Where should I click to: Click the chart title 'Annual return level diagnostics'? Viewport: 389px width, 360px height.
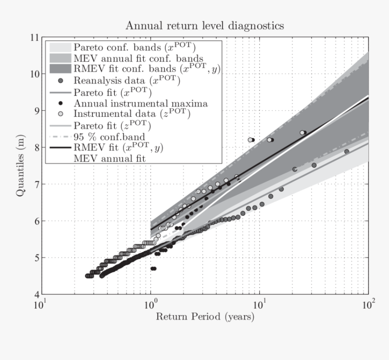204,25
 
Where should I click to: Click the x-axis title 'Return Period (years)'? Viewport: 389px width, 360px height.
205,316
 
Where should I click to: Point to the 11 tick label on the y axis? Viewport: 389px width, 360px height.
33,37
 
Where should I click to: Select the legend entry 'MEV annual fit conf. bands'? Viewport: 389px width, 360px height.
138,58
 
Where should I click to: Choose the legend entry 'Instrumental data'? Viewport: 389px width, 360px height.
132,114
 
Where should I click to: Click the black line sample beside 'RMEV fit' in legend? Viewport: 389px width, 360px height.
60,147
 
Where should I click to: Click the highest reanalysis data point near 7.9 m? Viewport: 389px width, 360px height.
346,152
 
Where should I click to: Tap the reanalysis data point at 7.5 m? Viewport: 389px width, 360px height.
314,165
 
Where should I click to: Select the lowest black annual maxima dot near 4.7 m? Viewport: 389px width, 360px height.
153,269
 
